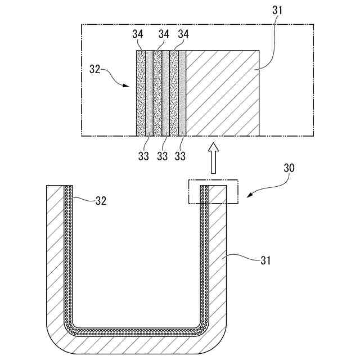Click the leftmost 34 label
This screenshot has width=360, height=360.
[138, 34]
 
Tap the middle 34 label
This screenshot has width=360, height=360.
[164, 34]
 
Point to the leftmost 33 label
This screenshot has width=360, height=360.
[143, 156]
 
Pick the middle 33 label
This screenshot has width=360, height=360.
[162, 156]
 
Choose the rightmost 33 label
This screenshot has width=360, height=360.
[180, 156]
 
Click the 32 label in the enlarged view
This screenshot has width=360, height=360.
[95, 69]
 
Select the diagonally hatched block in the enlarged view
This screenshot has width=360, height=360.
[222, 93]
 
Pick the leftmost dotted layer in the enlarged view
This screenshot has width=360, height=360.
[141, 93]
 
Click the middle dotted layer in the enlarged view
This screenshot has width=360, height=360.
[157, 93]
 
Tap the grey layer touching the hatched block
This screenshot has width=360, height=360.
[182, 93]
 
